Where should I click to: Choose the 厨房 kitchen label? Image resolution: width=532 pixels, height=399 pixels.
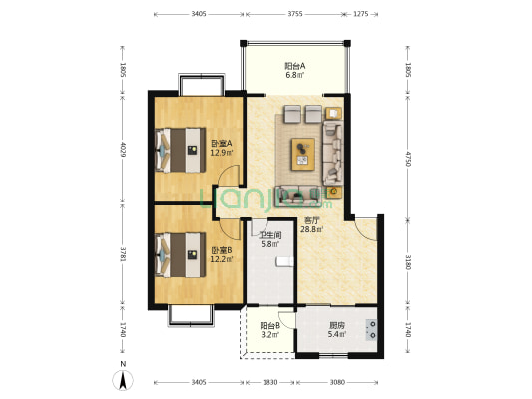(337, 326)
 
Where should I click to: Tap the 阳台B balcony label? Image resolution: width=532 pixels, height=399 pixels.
(269, 326)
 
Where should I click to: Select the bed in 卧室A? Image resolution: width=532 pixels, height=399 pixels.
(181, 150)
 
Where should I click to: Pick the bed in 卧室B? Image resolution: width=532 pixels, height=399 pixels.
(181, 255)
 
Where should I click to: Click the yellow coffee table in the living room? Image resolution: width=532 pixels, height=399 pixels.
(303, 154)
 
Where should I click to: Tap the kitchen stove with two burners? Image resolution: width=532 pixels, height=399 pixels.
(371, 330)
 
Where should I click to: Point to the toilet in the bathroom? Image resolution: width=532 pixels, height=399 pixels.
(285, 261)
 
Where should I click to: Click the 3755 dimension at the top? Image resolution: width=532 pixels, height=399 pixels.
(295, 14)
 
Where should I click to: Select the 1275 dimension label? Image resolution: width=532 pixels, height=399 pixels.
(360, 14)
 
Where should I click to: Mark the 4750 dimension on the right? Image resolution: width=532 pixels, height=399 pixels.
(408, 159)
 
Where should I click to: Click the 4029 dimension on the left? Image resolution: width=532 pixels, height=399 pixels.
(123, 150)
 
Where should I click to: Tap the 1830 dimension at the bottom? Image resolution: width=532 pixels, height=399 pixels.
(270, 382)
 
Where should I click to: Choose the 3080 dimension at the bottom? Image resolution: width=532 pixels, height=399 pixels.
(337, 382)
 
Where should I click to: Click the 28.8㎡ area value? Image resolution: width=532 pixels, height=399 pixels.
(311, 229)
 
